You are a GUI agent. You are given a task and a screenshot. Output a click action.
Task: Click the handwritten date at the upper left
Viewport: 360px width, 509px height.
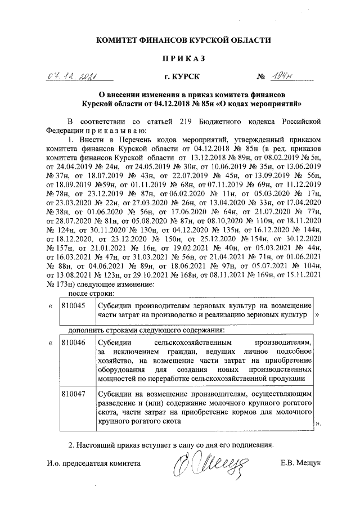[74, 76]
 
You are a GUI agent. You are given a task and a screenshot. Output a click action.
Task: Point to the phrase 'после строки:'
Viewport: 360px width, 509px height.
[92, 293]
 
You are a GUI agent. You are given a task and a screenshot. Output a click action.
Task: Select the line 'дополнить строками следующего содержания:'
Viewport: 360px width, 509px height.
[146, 329]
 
